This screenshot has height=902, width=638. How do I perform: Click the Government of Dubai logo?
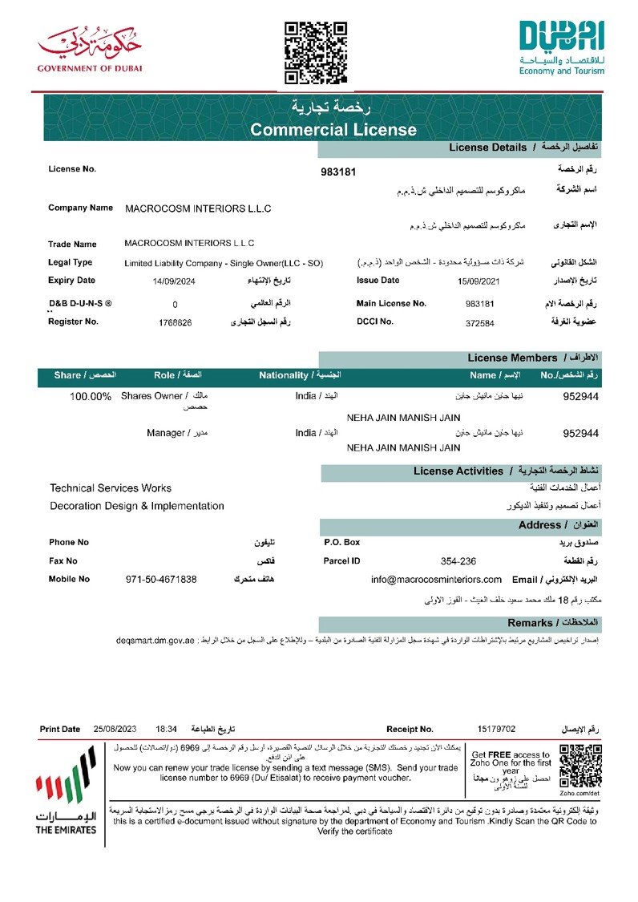point(89,50)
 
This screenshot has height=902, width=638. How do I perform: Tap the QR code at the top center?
point(317,53)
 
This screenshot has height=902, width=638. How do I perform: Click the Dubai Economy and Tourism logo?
point(561,48)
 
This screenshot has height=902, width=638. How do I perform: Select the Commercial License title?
point(333,130)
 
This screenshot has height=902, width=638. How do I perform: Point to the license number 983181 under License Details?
point(337,172)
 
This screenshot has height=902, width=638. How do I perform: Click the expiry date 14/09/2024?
point(174,281)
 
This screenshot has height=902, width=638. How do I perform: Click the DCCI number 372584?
point(480,323)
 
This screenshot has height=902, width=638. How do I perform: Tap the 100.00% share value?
point(91,396)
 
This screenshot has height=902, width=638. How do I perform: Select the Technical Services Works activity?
point(111,487)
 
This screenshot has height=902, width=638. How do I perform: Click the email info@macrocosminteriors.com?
point(437,579)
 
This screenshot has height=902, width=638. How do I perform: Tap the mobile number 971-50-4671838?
point(161,579)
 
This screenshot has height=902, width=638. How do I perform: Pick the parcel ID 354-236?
point(458,561)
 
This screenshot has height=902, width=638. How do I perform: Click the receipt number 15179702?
point(496,729)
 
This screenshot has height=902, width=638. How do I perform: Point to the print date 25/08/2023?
point(115,729)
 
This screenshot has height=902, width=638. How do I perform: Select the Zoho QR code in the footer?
point(579,766)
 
